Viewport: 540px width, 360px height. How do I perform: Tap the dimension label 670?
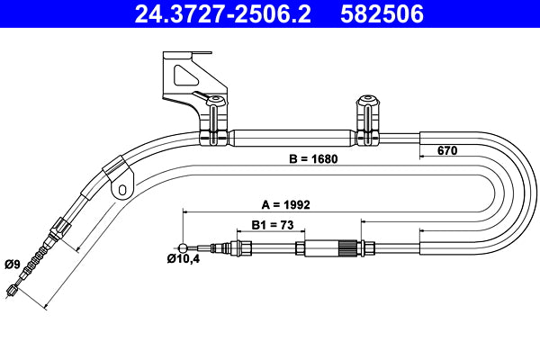tap(447, 150)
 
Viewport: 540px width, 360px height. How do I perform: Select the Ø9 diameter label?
tap(13, 263)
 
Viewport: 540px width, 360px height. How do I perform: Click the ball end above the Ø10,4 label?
tap(184, 247)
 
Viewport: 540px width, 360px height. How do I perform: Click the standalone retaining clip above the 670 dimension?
tap(368, 119)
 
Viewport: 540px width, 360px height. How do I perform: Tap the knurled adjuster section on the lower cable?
tap(346, 247)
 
